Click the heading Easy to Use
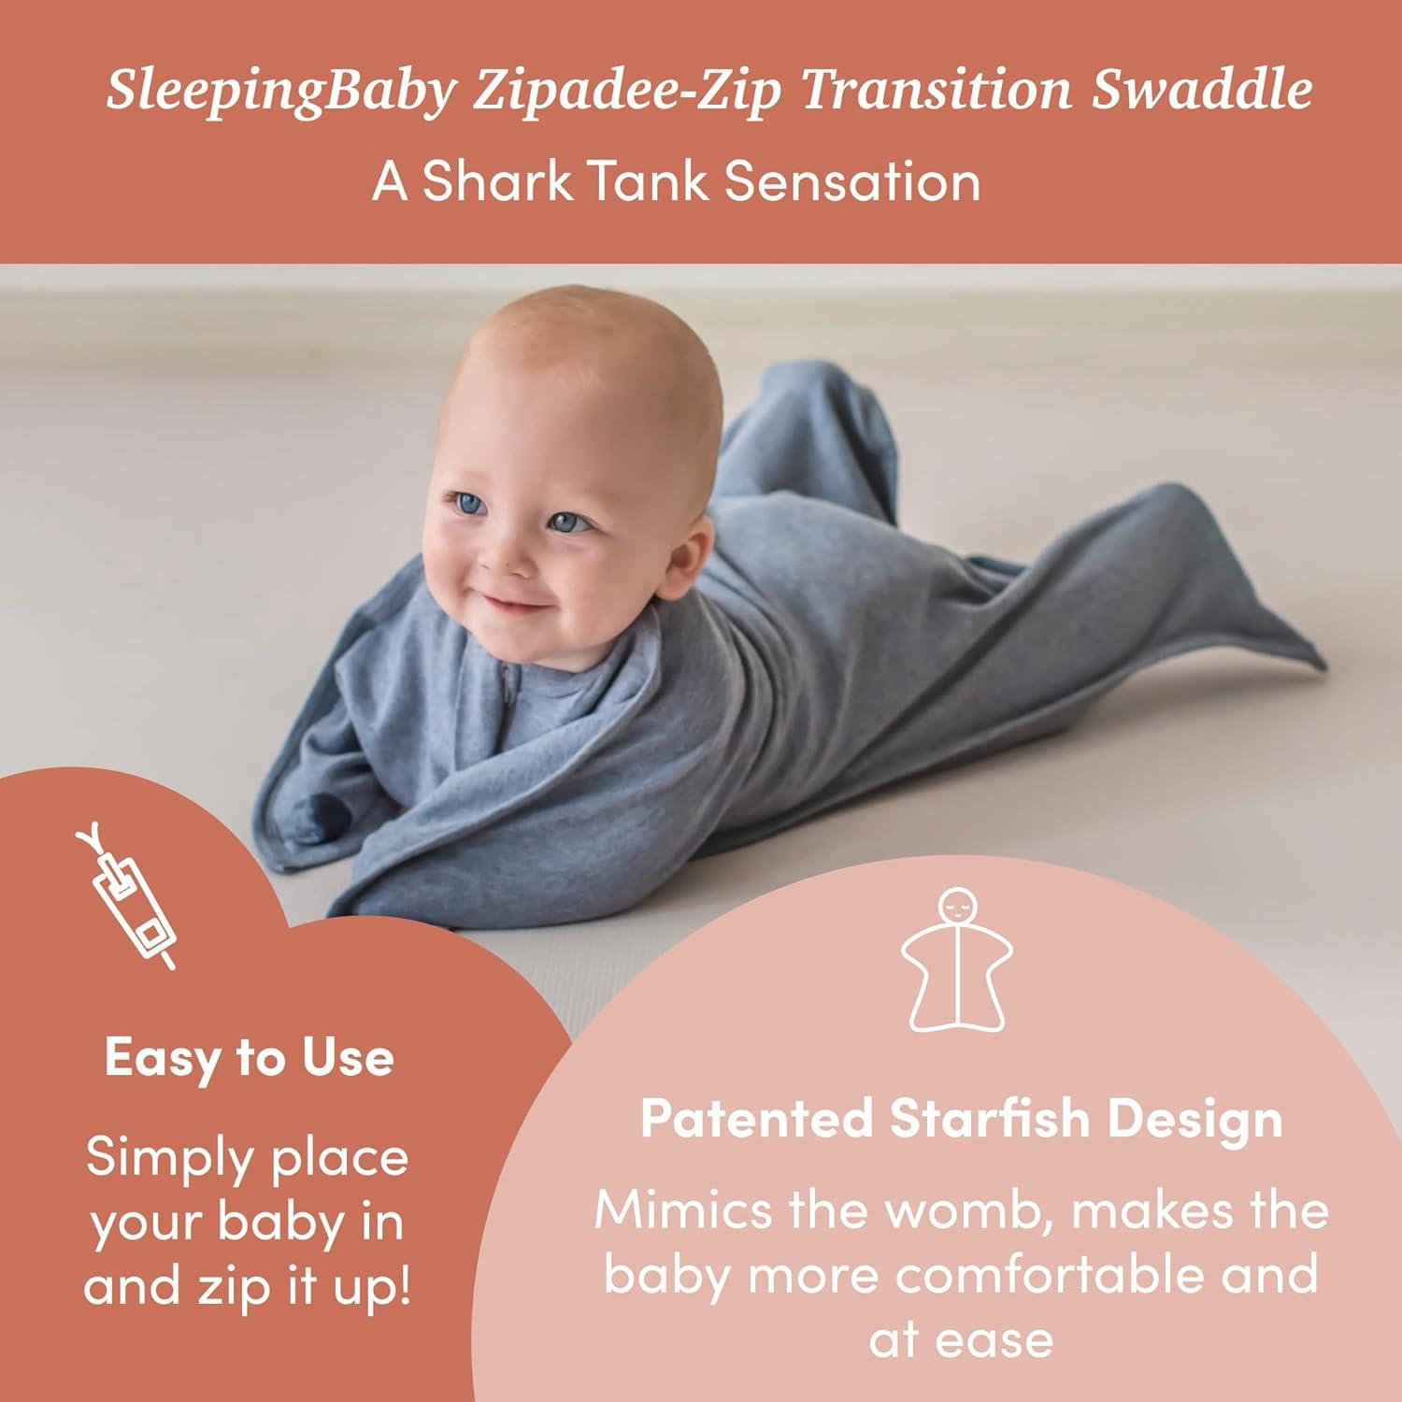click(249, 1058)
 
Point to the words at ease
click(961, 1339)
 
